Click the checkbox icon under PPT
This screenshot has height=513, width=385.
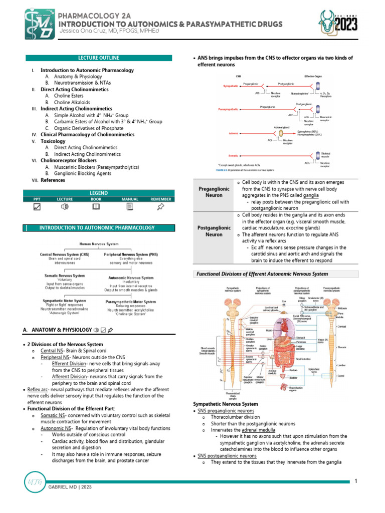click(x=37, y=206)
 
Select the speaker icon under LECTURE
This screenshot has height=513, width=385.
click(x=65, y=206)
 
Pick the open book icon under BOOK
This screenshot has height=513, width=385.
click(x=96, y=206)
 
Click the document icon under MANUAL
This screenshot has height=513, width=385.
click(x=129, y=206)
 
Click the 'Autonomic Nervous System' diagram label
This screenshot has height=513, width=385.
click(x=131, y=278)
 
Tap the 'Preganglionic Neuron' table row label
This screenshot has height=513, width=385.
click(x=211, y=192)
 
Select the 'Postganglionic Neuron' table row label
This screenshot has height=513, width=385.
click(x=211, y=230)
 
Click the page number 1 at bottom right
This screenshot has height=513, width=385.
click(x=355, y=481)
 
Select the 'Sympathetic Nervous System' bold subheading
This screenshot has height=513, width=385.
click(x=226, y=404)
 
